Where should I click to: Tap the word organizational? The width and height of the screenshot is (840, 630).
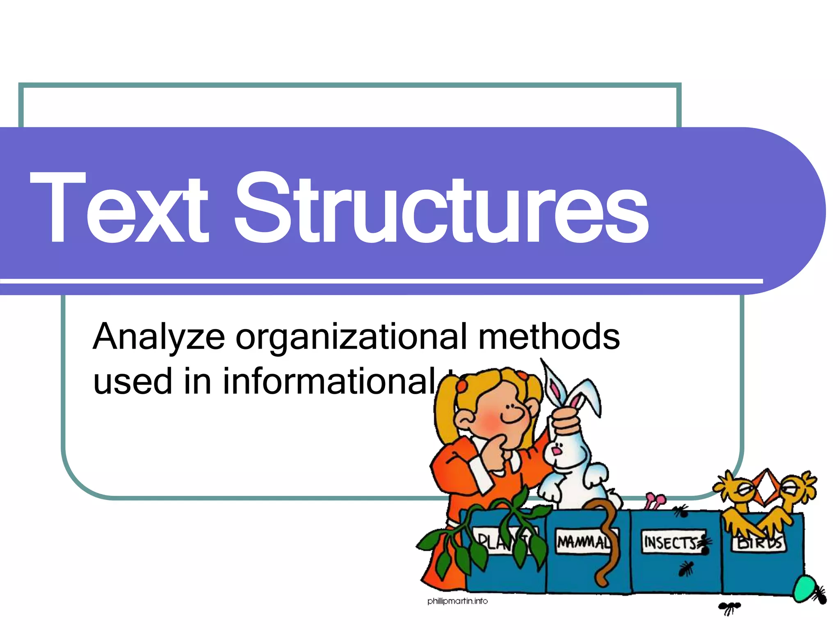[x=351, y=337]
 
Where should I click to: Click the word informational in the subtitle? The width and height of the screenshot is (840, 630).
[x=328, y=381]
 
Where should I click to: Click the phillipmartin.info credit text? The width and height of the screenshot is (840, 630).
[x=457, y=601]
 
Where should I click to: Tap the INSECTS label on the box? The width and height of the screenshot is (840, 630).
[x=671, y=542]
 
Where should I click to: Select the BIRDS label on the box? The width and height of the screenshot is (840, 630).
[x=759, y=543]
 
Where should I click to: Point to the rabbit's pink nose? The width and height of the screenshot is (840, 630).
[x=556, y=451]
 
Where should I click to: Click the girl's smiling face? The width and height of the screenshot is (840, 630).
[x=507, y=414]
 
